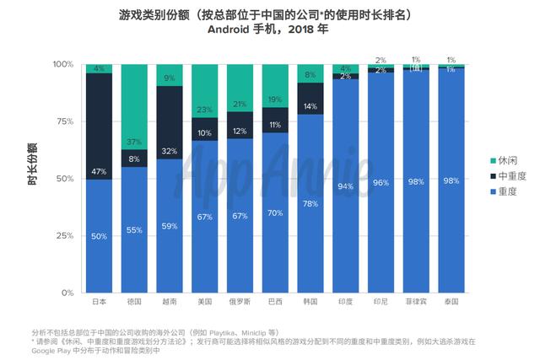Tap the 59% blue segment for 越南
tap(170, 225)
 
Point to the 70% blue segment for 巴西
tap(275, 212)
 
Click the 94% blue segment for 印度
tap(346, 185)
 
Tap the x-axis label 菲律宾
tap(416, 301)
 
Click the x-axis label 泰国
tap(451, 301)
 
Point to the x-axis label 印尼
tap(381, 301)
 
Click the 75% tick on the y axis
tap(64, 121)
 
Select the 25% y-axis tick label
tap(64, 235)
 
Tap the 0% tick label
tap(67, 293)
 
